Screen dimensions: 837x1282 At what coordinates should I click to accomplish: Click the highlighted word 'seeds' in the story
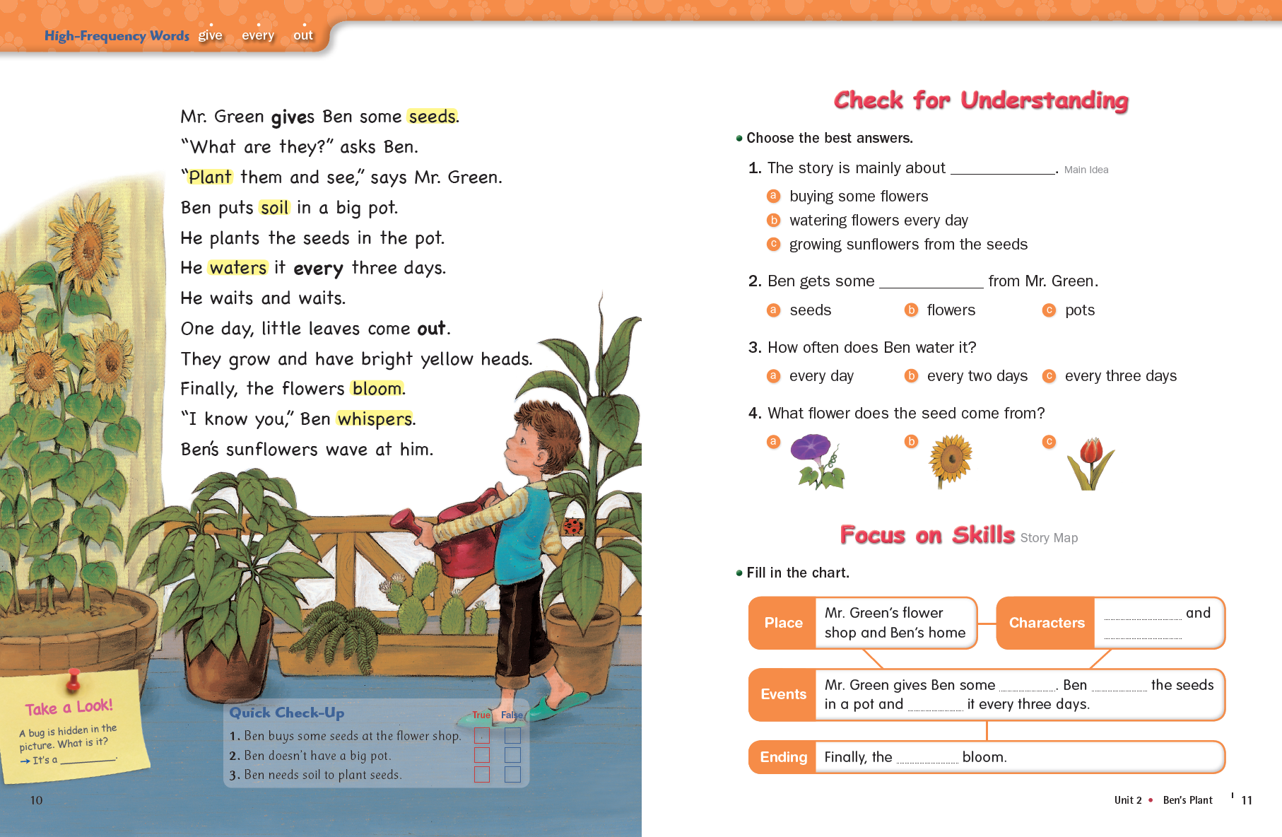(x=432, y=117)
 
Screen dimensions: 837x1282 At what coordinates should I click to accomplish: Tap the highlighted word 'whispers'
(x=375, y=419)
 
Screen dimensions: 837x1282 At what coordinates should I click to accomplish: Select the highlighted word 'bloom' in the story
(x=377, y=389)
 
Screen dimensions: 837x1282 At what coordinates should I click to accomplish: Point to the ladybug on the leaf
(x=572, y=526)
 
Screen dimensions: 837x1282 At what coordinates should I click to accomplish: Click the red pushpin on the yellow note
(x=73, y=679)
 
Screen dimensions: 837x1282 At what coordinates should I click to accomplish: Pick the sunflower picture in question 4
(x=951, y=460)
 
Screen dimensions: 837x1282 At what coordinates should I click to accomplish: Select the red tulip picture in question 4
(x=1090, y=463)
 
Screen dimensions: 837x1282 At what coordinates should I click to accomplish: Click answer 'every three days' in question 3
(x=1120, y=376)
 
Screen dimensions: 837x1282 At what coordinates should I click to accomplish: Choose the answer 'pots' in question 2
(x=1079, y=310)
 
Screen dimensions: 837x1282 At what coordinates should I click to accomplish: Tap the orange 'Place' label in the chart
(x=783, y=623)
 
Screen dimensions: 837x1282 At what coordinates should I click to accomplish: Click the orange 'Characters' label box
(x=1046, y=623)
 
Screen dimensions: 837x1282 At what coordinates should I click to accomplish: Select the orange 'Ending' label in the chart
(x=783, y=757)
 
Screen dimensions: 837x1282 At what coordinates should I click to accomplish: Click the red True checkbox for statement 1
(x=482, y=736)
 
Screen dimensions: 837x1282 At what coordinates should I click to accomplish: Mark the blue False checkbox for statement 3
(x=512, y=775)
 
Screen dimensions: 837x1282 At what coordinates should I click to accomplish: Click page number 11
(x=1247, y=800)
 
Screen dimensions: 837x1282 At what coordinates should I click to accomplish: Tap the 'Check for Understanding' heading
(x=981, y=100)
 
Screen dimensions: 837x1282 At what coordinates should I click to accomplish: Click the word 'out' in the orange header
(x=303, y=35)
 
